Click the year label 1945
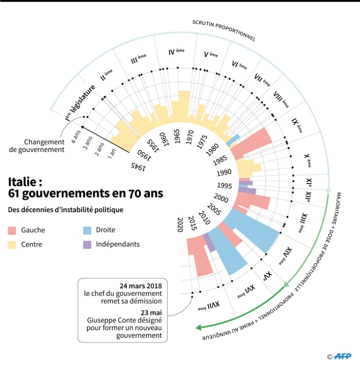138,166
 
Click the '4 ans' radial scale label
75,134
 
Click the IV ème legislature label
176,52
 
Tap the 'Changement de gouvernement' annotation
44,146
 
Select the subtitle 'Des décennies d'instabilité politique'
65,209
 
